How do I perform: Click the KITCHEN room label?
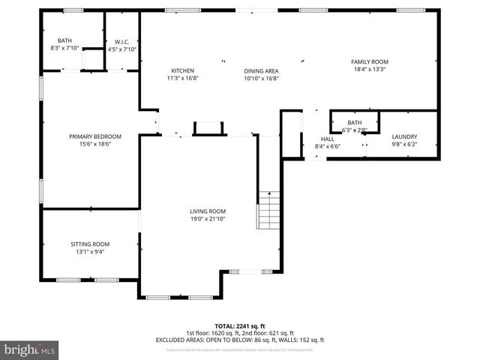[x=182, y=70]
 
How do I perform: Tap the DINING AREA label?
[x=261, y=70]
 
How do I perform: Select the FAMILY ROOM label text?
[x=369, y=61]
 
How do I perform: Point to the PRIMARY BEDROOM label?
[x=95, y=136]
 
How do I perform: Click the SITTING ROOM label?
[x=90, y=244]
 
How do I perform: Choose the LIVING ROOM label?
[x=207, y=211]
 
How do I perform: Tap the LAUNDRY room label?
[x=404, y=136]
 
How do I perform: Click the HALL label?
[x=327, y=139]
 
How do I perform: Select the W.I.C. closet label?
[x=122, y=42]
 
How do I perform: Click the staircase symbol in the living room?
[x=268, y=211]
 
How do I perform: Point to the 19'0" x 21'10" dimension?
[x=207, y=219]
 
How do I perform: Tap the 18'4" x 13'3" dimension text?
[x=369, y=68]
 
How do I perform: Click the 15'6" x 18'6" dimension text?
[x=95, y=144]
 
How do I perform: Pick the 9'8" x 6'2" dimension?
[x=404, y=144]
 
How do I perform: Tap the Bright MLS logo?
[x=30, y=349]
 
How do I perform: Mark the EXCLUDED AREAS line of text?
[x=239, y=340]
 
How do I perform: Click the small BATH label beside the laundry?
[x=354, y=122]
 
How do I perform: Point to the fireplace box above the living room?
[x=209, y=128]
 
